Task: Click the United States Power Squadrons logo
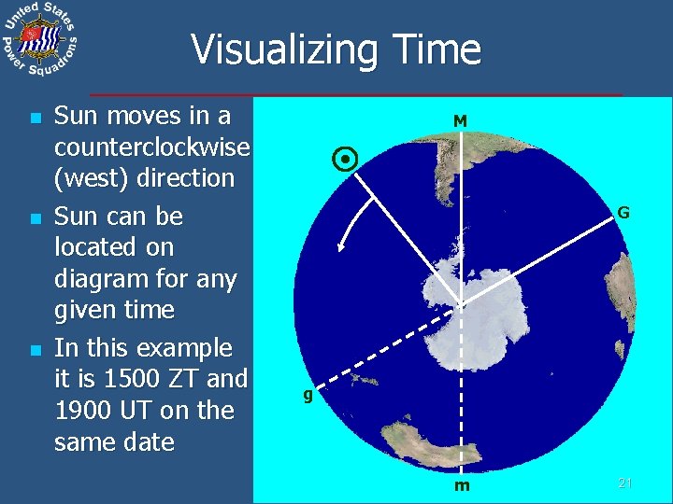coord(39,40)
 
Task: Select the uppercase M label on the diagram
coord(460,120)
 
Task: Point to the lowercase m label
coord(462,485)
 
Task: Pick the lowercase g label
coord(307,394)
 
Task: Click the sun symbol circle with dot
coord(345,161)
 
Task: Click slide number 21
coord(626,483)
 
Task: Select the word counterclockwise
coord(151,147)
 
